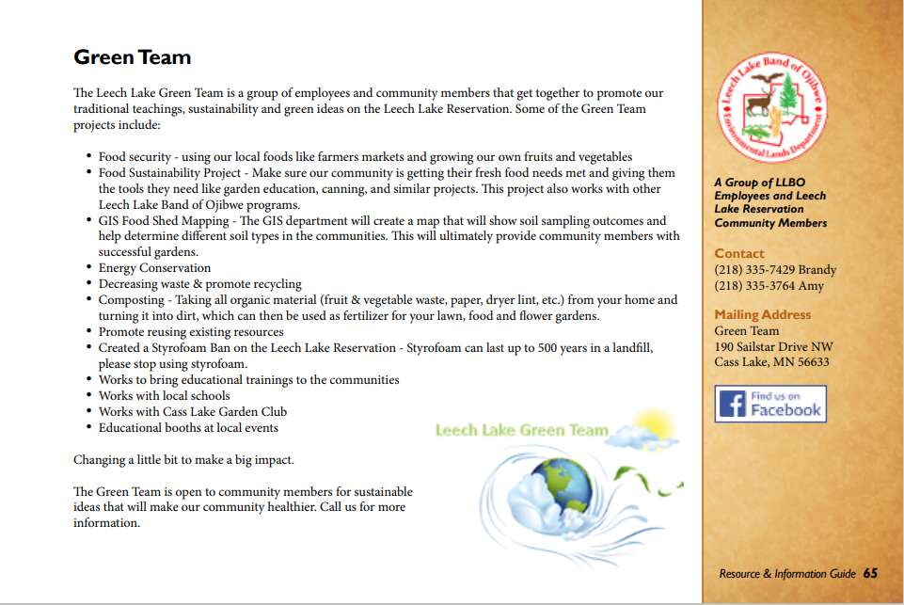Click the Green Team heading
click(133, 57)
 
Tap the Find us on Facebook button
click(770, 404)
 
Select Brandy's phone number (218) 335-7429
click(775, 270)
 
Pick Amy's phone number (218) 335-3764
click(769, 286)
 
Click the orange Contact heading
click(739, 254)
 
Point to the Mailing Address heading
click(762, 315)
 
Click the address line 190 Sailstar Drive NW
click(773, 346)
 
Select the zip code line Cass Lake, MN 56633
click(771, 362)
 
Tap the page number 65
click(870, 574)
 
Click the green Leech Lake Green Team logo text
click(521, 431)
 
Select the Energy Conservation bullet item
click(154, 268)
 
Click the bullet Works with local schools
click(164, 396)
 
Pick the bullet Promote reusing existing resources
click(191, 332)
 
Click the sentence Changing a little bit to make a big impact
click(183, 460)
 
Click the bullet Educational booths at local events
click(188, 428)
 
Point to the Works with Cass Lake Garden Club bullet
click(193, 412)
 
